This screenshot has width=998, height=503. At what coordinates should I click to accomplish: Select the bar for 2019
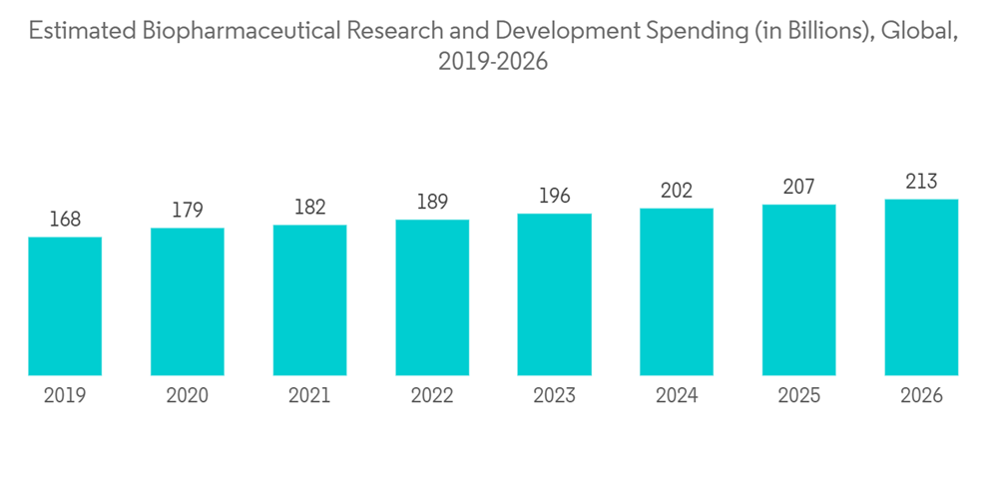pos(65,305)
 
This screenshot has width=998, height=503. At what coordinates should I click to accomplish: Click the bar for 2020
pos(188,301)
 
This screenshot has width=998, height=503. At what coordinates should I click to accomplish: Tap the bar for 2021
pos(309,299)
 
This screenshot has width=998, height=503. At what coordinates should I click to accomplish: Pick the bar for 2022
pos(432,297)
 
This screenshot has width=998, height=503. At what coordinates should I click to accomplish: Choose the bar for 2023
pos(554,294)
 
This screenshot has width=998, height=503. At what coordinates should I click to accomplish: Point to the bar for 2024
pos(677,291)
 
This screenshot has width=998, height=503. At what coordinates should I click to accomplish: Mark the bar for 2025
pos(799,289)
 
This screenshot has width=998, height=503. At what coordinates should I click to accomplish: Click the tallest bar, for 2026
pos(921,287)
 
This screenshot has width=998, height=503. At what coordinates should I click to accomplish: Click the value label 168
pos(65,220)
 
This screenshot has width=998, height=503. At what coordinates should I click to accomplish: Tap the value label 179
pos(188,211)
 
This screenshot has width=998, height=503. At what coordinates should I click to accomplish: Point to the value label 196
pos(554,197)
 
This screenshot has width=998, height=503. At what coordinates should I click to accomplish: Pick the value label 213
pos(921,182)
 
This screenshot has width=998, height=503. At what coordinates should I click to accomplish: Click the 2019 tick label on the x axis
pos(65,396)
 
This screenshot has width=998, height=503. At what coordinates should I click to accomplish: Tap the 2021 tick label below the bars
pos(309,396)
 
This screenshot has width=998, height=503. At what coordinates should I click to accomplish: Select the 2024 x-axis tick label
pos(677,396)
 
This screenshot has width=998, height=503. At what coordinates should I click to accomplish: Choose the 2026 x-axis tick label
pos(921,396)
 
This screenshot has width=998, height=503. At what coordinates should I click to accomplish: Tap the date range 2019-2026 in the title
pos(493,62)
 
